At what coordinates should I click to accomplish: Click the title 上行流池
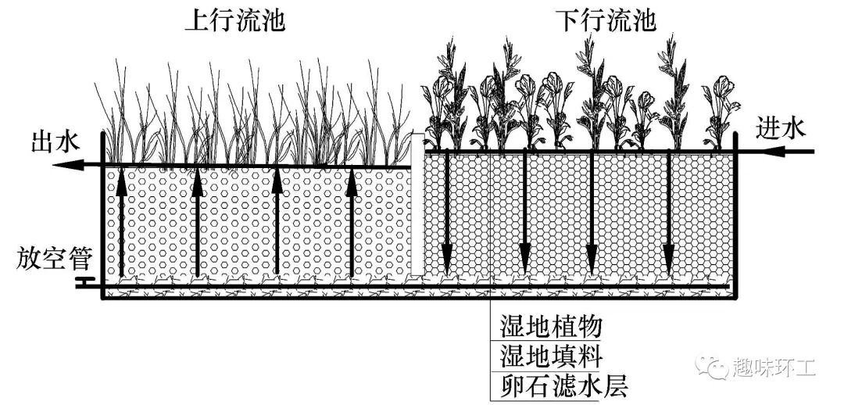click(234, 20)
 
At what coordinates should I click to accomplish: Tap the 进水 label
click(781, 128)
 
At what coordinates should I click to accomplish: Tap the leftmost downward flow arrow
click(447, 211)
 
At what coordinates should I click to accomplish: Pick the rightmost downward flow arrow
click(669, 211)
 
